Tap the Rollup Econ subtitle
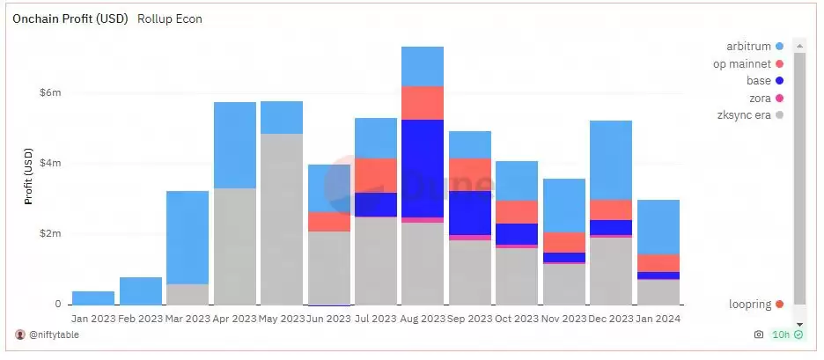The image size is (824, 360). point(170,18)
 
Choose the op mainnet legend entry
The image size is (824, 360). point(742,63)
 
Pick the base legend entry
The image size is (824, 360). point(759,80)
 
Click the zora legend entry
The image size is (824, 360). point(760,98)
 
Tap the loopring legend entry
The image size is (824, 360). point(750,305)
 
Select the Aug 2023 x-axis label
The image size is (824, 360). point(423,318)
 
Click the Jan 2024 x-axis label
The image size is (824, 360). point(658,318)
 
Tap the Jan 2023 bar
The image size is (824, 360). point(93,298)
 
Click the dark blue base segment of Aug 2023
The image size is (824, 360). point(423,167)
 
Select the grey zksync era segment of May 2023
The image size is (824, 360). point(282,220)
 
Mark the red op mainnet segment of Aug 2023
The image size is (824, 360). point(423,103)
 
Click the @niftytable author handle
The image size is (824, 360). point(53,335)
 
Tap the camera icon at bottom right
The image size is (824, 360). point(759,335)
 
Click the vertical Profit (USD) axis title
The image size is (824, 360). point(28,176)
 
